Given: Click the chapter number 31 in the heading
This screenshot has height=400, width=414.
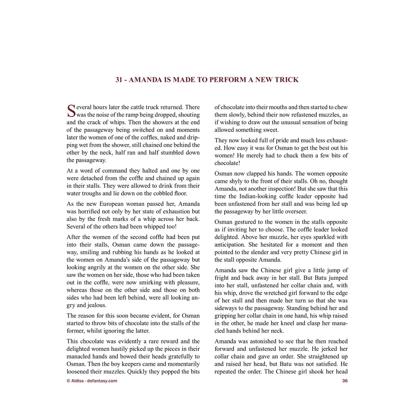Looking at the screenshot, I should [x=119, y=80].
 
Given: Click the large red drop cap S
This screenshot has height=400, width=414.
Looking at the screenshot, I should [x=71, y=111].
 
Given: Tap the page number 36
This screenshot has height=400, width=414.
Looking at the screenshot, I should [x=345, y=381].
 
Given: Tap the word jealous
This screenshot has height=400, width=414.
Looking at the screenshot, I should [x=96, y=305].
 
